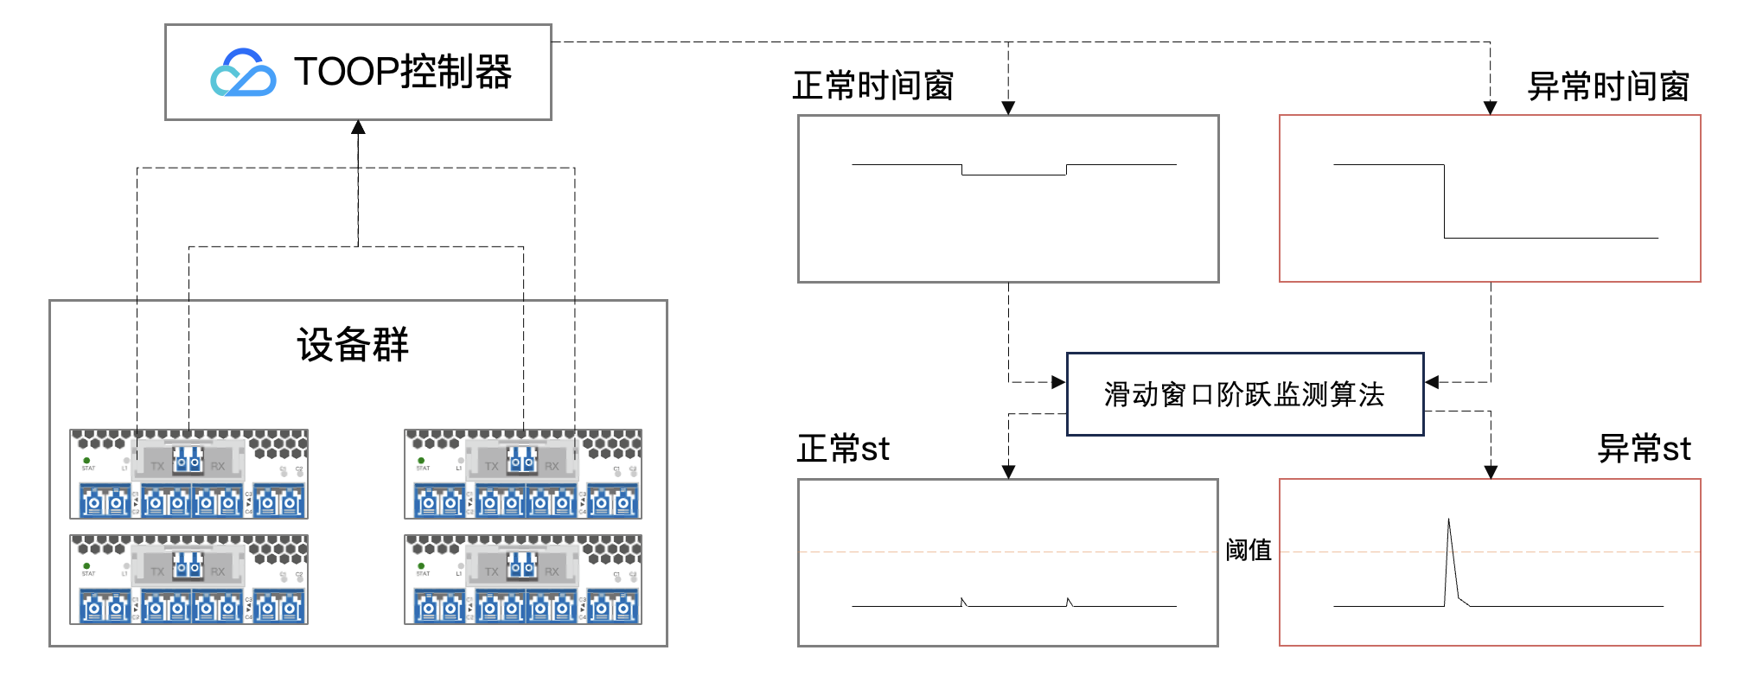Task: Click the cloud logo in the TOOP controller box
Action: pos(243,73)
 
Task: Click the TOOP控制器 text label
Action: pos(402,72)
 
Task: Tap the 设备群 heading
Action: pos(353,345)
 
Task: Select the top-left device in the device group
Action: pos(188,474)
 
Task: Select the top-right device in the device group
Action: pos(523,474)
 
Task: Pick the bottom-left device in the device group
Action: pos(188,579)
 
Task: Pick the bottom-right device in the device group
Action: pos(523,579)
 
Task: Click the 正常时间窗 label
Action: pos(872,86)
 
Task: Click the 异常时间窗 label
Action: pos(1608,86)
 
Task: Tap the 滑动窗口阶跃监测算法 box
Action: pos(1245,394)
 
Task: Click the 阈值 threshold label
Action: pos(1249,550)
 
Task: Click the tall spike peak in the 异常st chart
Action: pos(1449,520)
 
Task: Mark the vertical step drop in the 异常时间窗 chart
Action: pos(1445,201)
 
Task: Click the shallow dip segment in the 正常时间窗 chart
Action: pos(1013,175)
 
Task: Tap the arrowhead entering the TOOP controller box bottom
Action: pos(358,128)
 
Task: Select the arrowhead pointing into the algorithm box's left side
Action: pos(1058,382)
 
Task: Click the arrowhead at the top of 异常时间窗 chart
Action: pos(1491,108)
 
